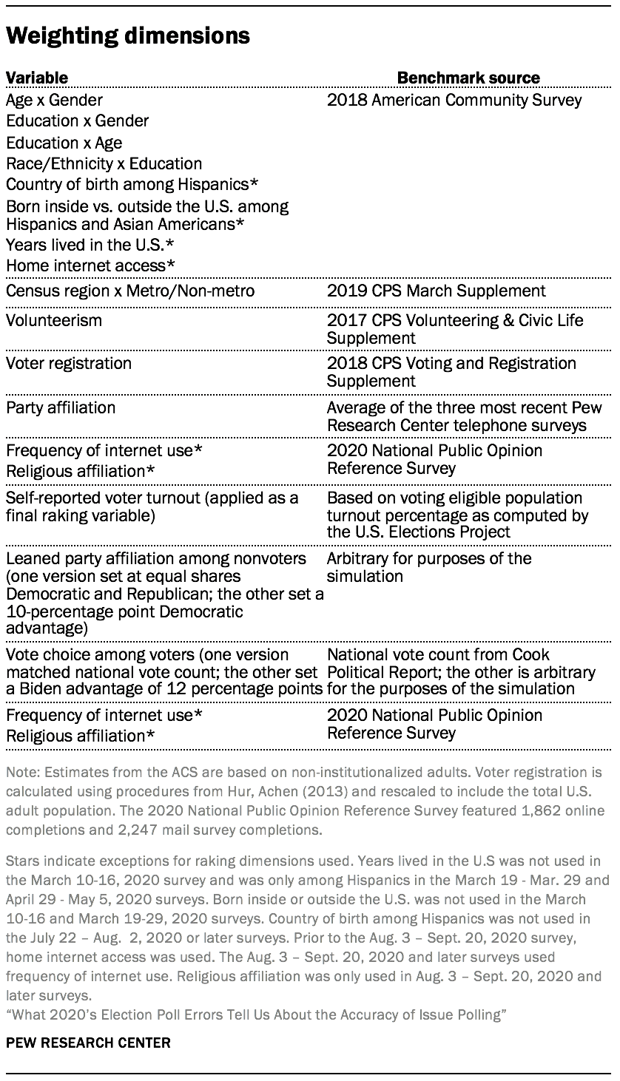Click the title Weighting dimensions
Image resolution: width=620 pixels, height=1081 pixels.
(x=128, y=35)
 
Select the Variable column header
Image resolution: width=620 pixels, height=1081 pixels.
(x=37, y=78)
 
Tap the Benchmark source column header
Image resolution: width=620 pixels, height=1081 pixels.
(x=468, y=78)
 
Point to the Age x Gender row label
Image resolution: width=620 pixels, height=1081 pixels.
(x=54, y=100)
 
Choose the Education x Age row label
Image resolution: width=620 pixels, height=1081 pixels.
(x=64, y=143)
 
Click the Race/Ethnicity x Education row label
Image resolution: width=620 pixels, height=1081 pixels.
(x=104, y=163)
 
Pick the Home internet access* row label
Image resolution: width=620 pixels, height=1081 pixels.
(x=90, y=265)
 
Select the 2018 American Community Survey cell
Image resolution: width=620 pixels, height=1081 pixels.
(x=454, y=100)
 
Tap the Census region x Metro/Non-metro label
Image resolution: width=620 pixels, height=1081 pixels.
(x=130, y=291)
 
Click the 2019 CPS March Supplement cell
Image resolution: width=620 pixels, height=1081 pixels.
(x=437, y=291)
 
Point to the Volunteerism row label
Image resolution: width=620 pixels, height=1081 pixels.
(x=54, y=321)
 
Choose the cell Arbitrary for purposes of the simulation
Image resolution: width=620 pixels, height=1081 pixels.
(x=429, y=567)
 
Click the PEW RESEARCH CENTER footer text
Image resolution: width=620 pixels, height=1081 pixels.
(x=88, y=1043)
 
